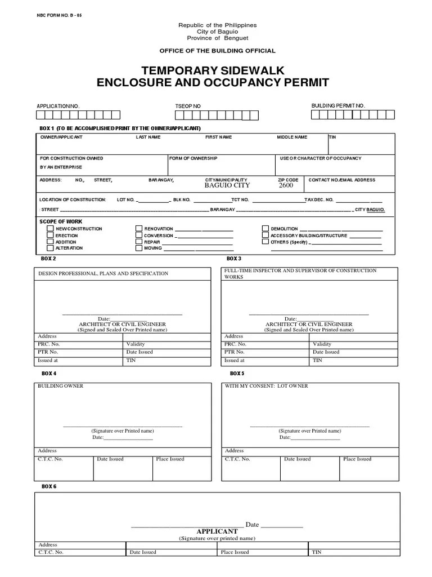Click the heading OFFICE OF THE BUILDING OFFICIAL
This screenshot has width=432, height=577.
click(x=217, y=51)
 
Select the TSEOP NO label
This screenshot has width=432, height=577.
click(x=188, y=106)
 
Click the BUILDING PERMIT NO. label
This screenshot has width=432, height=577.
click(x=338, y=105)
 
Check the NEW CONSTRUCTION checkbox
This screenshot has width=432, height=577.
click(x=50, y=229)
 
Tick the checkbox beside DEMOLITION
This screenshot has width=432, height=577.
click(x=265, y=229)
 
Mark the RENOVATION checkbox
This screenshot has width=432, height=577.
click(x=139, y=229)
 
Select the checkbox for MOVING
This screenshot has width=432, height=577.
click(x=139, y=248)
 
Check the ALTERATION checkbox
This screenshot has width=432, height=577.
click(x=50, y=248)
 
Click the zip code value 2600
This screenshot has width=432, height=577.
click(x=286, y=185)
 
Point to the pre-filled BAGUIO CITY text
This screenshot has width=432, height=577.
click(x=227, y=185)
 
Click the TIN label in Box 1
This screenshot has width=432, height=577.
click(x=333, y=137)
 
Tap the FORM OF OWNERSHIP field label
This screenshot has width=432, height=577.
click(x=193, y=158)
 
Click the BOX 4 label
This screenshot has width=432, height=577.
click(x=49, y=374)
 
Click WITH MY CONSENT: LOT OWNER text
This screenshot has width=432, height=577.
click(x=267, y=386)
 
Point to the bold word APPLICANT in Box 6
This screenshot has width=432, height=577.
click(x=217, y=531)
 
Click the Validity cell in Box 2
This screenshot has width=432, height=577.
click(x=136, y=344)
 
